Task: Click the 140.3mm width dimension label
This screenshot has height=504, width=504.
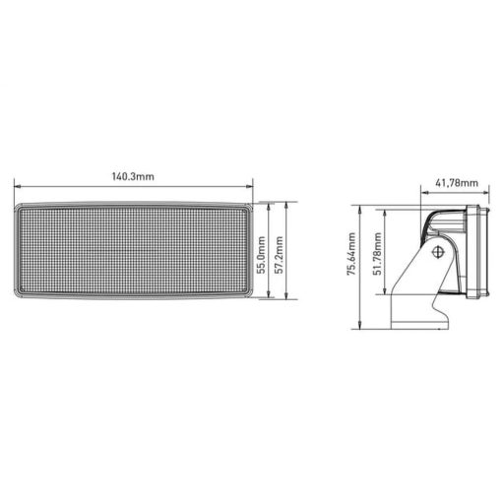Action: click(x=134, y=177)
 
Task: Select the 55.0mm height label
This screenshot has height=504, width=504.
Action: click(x=261, y=253)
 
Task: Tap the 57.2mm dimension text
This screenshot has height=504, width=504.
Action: click(x=280, y=253)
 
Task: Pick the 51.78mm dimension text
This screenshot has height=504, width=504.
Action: click(x=373, y=256)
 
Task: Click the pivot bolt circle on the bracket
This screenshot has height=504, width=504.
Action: click(x=439, y=252)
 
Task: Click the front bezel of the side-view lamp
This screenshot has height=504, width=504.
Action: click(x=477, y=251)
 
